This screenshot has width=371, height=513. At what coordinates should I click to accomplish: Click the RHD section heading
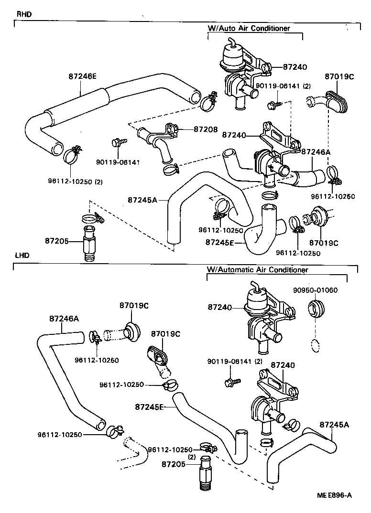(24, 14)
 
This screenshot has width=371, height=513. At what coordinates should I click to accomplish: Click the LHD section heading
(22, 256)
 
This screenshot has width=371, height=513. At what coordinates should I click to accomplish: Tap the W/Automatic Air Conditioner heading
(257, 270)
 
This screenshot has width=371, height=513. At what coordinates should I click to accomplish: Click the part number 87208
(206, 129)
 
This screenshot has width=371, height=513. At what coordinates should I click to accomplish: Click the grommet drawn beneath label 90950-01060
(316, 310)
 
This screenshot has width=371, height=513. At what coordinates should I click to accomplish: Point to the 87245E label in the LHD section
(150, 407)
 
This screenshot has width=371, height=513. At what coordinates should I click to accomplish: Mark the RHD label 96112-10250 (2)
(76, 182)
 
